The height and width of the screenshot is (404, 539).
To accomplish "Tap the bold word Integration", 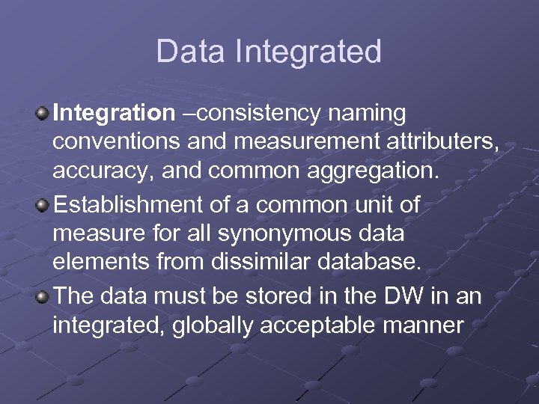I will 113,114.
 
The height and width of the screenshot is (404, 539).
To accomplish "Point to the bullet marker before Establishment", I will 43,204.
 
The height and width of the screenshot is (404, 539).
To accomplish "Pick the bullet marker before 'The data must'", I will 43,296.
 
